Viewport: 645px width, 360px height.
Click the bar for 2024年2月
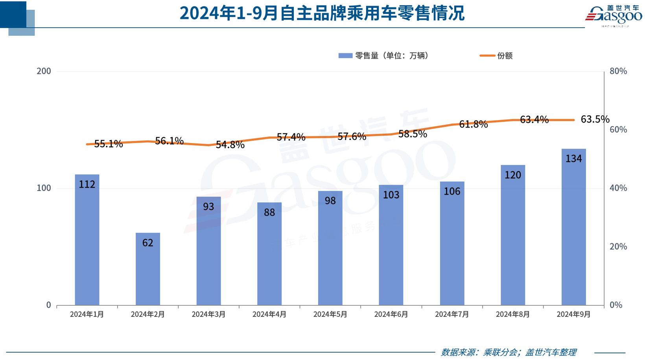tap(148, 269)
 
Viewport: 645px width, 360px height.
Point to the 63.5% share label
tap(595, 119)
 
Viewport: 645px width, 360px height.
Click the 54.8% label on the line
tap(230, 145)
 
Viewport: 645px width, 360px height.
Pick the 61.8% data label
tap(473, 124)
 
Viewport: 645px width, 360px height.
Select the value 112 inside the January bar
tap(87, 184)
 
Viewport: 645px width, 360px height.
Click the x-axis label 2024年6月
tap(391, 314)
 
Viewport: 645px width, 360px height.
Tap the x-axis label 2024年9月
tap(573, 314)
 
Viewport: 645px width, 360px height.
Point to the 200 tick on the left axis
tap(44, 71)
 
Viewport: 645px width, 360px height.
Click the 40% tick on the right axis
tap(618, 188)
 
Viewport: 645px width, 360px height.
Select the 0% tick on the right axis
tap(616, 305)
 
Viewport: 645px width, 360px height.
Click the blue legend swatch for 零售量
tap(345, 56)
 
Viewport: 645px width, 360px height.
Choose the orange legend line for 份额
tap(487, 56)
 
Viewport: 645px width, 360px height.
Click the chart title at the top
tap(322, 13)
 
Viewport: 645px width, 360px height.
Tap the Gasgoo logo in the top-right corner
tap(614, 16)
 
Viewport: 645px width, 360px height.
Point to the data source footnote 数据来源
tap(509, 352)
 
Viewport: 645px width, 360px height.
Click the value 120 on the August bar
tap(512, 175)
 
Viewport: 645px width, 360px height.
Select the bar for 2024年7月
tap(452, 243)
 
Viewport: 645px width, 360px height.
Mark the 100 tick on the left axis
tap(44, 188)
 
